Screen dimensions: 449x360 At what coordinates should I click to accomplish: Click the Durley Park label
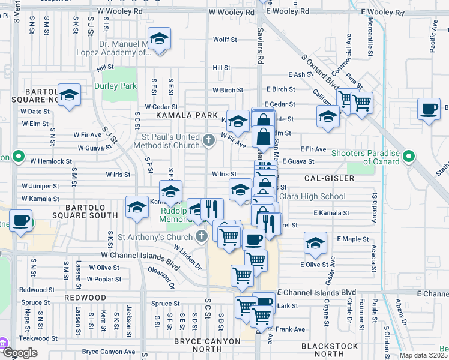point(115,86)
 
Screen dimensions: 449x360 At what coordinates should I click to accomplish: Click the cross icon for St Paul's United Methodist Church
point(208,141)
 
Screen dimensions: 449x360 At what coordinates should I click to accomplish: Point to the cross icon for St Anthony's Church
point(202,236)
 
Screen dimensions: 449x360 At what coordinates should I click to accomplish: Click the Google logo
point(20,352)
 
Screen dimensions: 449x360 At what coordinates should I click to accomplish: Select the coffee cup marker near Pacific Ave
point(429,109)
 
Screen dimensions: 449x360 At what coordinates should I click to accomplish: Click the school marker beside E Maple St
point(315,243)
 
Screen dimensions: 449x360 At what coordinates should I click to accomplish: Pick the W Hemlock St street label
point(51,161)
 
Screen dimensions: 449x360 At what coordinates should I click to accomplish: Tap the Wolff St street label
point(225,40)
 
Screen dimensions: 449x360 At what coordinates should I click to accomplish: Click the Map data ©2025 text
point(423,355)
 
